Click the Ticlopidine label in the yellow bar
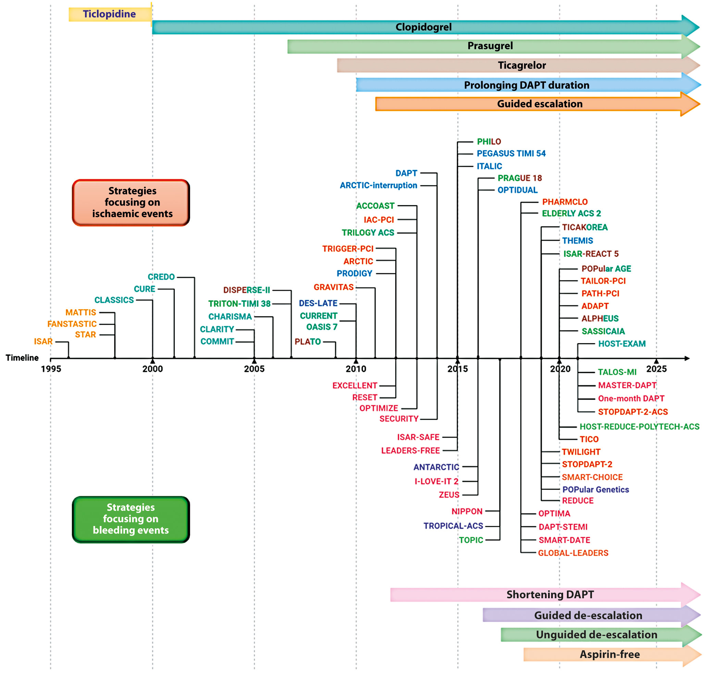(x=109, y=14)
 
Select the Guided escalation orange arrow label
(x=539, y=104)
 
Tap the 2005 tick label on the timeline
(x=254, y=369)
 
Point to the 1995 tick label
(x=51, y=369)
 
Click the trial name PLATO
(x=307, y=342)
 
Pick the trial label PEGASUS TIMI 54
(x=511, y=154)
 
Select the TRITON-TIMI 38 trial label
(x=239, y=304)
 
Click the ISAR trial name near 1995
(x=43, y=341)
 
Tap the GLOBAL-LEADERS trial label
(x=573, y=553)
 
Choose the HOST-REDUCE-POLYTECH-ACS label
(x=639, y=427)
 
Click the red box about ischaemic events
(x=131, y=202)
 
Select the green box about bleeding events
(x=131, y=519)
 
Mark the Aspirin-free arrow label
(x=609, y=654)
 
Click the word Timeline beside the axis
(x=22, y=358)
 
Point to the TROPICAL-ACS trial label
(x=453, y=526)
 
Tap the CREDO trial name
(x=161, y=277)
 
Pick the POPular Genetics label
(x=595, y=489)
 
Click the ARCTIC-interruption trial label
(x=378, y=186)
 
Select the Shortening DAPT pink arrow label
(x=550, y=594)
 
